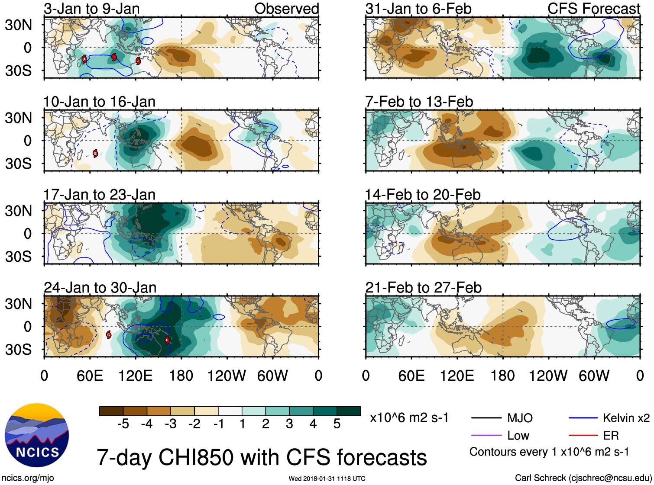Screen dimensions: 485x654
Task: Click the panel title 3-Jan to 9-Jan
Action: coord(91,9)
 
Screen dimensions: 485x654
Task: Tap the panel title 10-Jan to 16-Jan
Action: coord(99,102)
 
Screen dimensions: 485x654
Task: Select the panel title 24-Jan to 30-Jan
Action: coord(100,288)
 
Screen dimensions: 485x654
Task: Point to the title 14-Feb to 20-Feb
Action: coord(423,195)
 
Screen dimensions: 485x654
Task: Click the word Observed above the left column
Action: coord(286,9)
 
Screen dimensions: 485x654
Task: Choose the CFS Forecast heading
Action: coord(593,9)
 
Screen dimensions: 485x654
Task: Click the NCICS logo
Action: coord(37,435)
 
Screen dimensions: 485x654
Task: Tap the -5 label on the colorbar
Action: coord(123,424)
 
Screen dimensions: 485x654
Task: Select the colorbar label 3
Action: coord(289,424)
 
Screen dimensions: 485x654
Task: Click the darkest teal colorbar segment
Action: coord(349,411)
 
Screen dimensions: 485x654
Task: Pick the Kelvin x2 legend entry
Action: coord(626,418)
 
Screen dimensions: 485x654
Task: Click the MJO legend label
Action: coord(520,418)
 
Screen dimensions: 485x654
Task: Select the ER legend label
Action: coord(611,435)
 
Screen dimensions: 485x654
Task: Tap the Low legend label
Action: coord(518,435)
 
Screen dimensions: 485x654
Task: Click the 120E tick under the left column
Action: coord(135,376)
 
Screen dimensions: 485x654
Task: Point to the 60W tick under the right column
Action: coord(594,376)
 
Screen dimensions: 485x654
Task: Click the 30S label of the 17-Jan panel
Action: coord(18,257)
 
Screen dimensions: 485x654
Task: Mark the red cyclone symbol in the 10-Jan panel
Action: coord(95,153)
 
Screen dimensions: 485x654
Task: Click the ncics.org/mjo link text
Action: coord(28,478)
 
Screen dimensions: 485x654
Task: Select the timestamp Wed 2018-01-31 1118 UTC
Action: coord(327,479)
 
